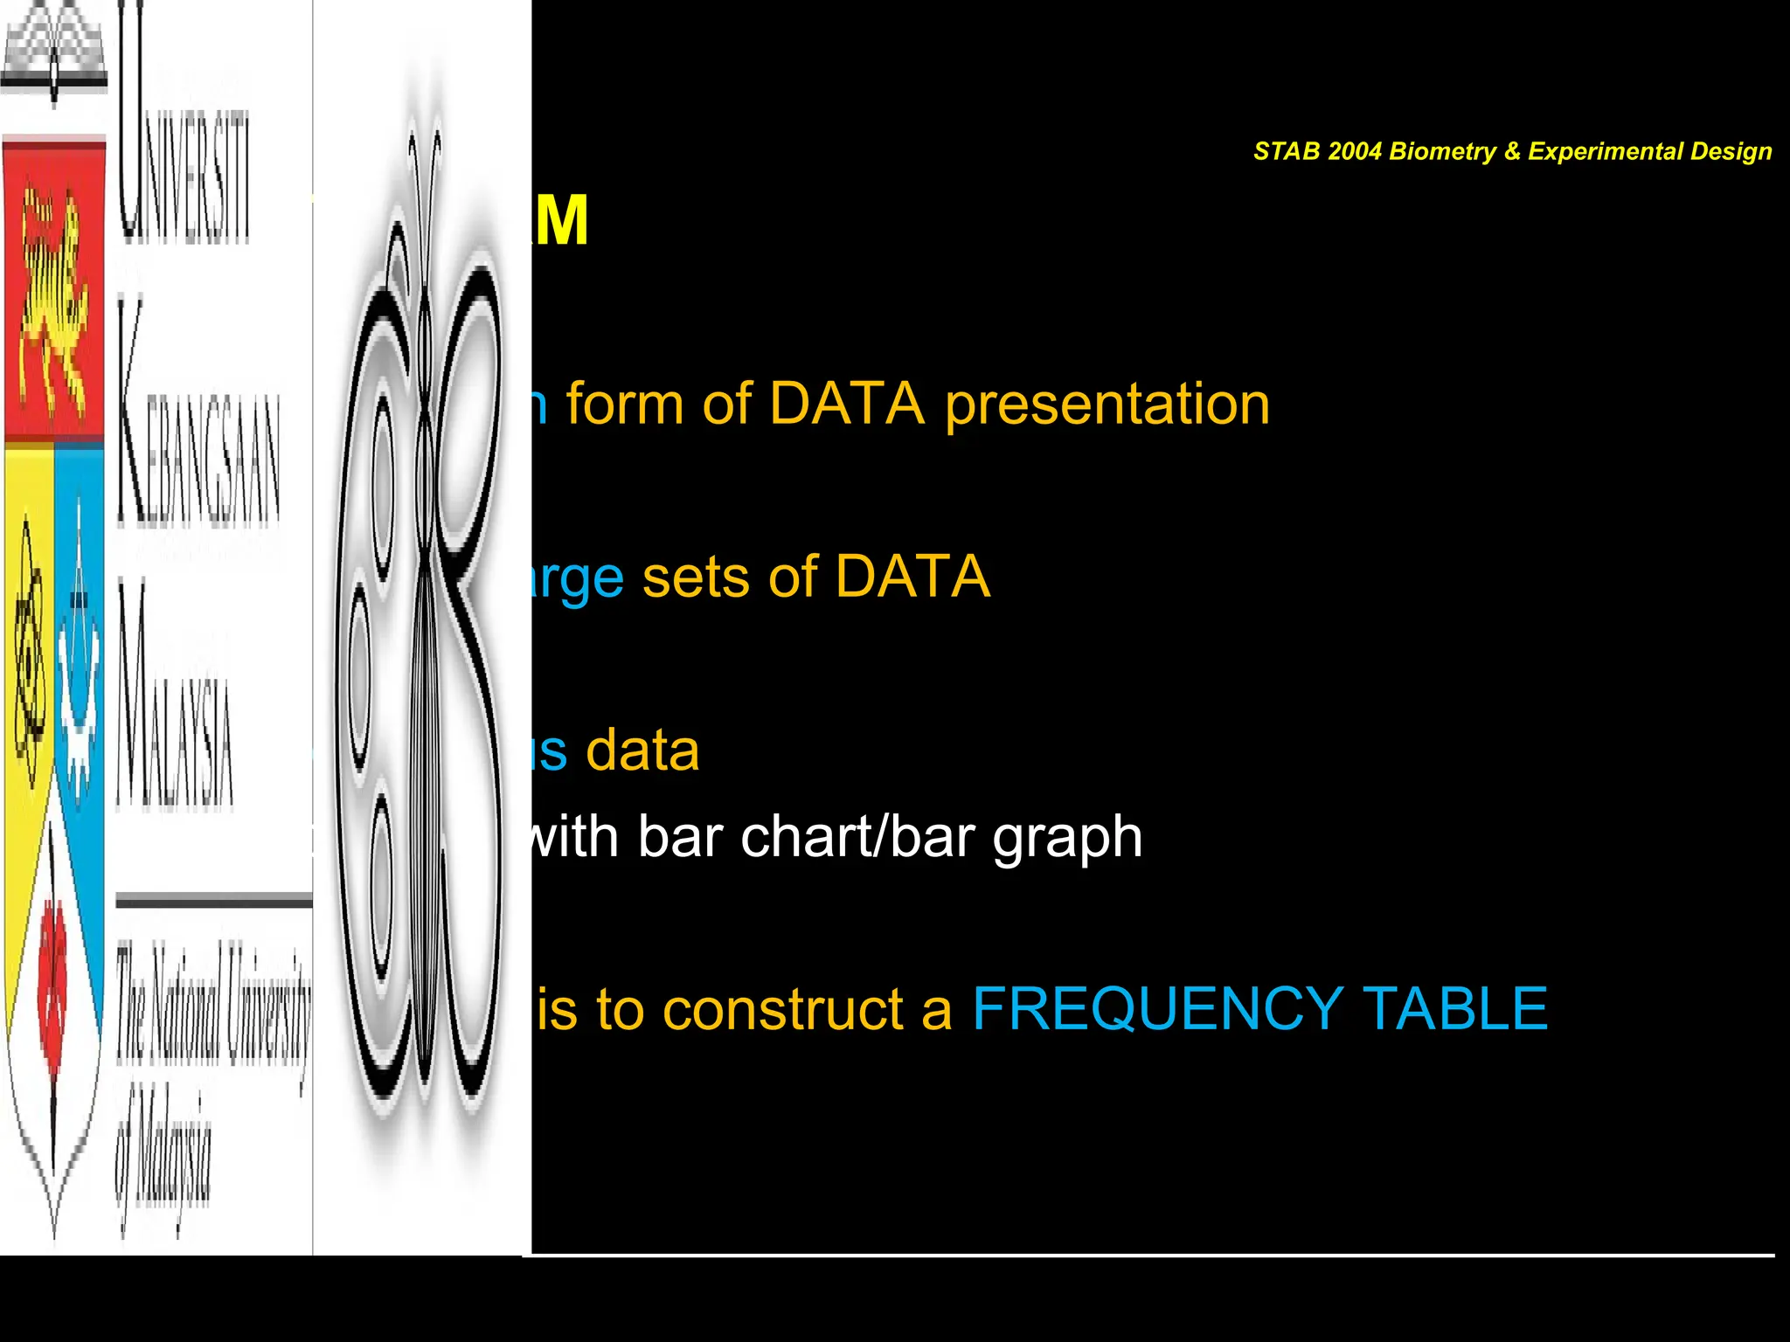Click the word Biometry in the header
coord(1442,152)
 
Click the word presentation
coord(1107,405)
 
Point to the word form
coord(624,405)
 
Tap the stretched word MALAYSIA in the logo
coord(175,699)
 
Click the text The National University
coord(214,1005)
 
